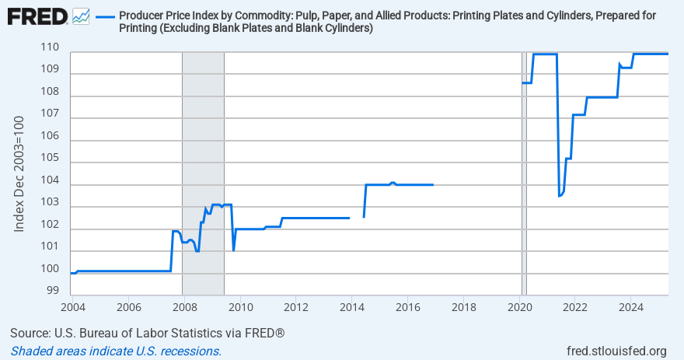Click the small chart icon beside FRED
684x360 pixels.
80,16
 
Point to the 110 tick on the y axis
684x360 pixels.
51,47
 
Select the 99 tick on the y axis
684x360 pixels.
53,291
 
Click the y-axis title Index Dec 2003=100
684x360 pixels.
21,174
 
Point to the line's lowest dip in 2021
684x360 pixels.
560,196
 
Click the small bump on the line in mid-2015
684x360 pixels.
393,183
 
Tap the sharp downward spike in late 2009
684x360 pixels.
234,250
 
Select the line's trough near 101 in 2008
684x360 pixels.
197,251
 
